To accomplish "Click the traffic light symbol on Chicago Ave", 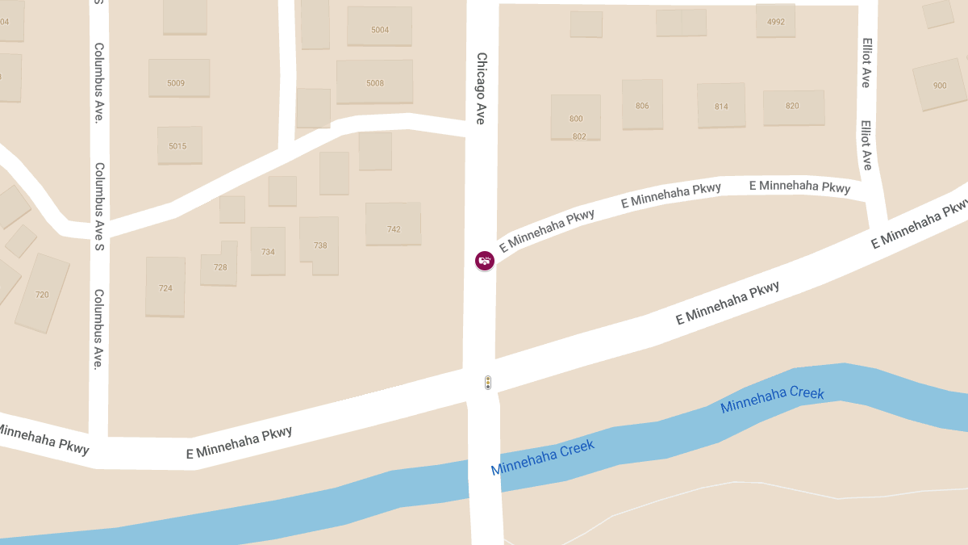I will (x=488, y=383).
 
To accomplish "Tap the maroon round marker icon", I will (x=485, y=260).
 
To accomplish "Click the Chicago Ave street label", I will (x=481, y=88).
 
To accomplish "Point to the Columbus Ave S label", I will (x=99, y=207).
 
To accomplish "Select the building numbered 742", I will (x=393, y=224).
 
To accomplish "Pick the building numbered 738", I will (x=320, y=245).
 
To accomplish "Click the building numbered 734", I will (x=268, y=251).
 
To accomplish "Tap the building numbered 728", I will (x=219, y=266).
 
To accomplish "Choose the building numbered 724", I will (x=165, y=287).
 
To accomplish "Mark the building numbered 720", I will (x=42, y=293).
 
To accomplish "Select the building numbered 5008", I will (x=374, y=82).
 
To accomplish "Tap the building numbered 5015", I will (x=179, y=145).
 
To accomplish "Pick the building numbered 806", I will (x=642, y=104).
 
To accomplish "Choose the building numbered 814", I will (x=721, y=105).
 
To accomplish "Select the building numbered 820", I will (x=794, y=107).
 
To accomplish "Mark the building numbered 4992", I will (x=775, y=20).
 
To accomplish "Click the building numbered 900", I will (x=939, y=84).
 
